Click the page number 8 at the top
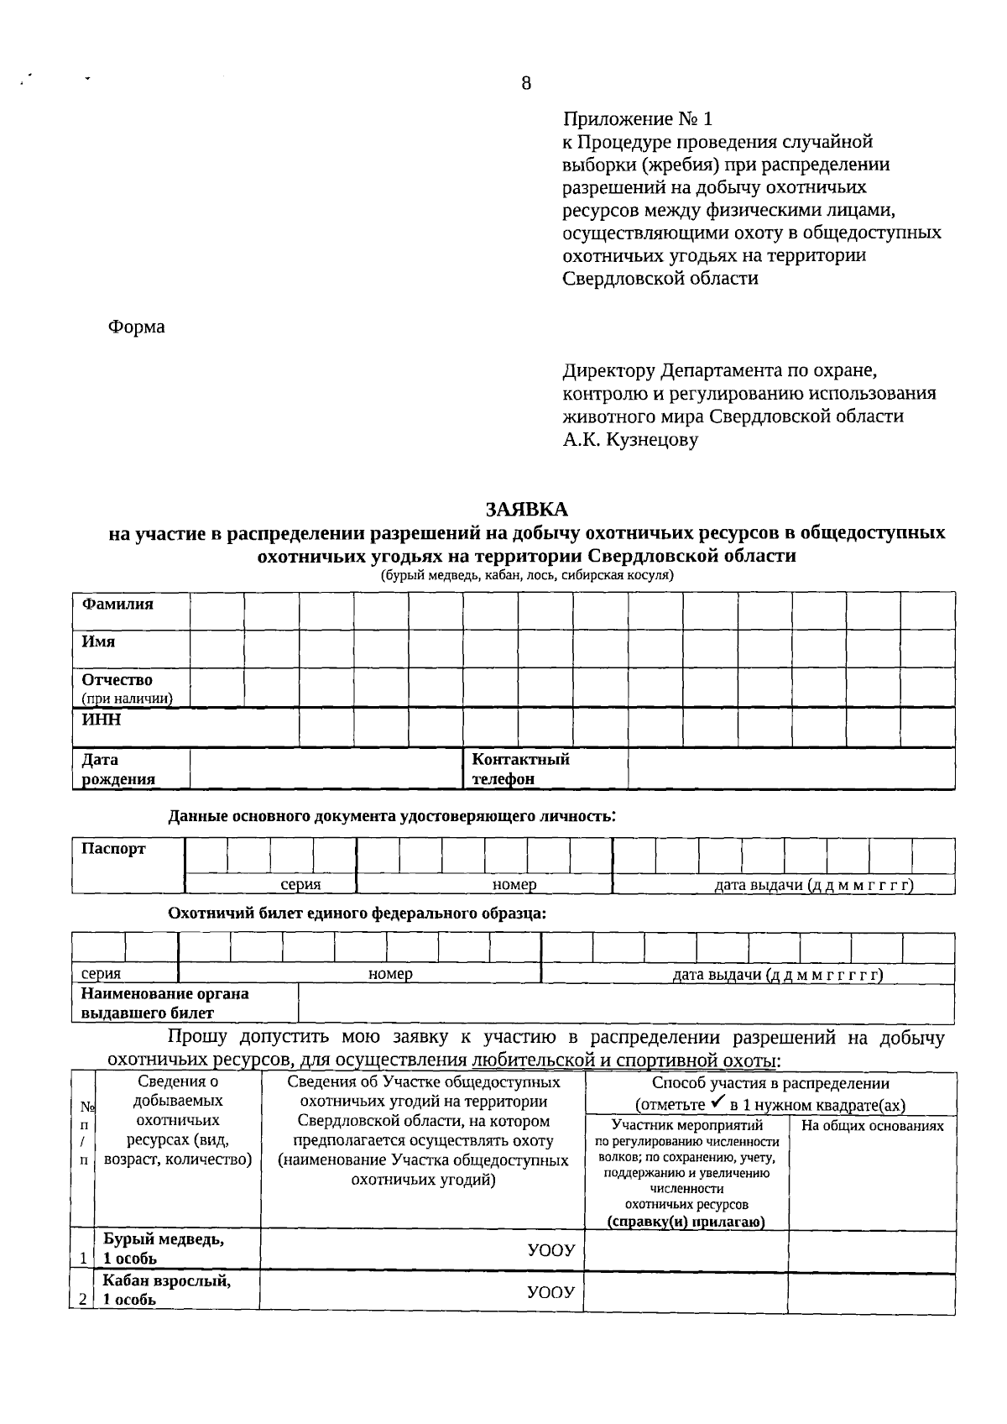pyautogui.click(x=526, y=83)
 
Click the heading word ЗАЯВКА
pyautogui.click(x=526, y=510)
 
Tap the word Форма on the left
pyautogui.click(x=137, y=327)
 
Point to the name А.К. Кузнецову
pyautogui.click(x=630, y=439)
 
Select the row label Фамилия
pyautogui.click(x=117, y=605)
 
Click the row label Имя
pyautogui.click(x=98, y=641)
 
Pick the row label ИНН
pyautogui.click(x=101, y=720)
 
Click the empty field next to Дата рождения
pyautogui.click(x=326, y=768)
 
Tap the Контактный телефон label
pyautogui.click(x=520, y=768)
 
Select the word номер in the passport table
pyautogui.click(x=514, y=885)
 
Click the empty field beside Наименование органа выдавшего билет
pyautogui.click(x=625, y=1003)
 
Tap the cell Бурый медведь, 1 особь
pyautogui.click(x=164, y=1249)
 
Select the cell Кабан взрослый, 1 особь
pyautogui.click(x=167, y=1290)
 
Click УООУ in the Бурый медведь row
pyautogui.click(x=550, y=1250)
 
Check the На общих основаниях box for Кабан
pyautogui.click(x=871, y=1292)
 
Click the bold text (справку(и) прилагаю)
pyautogui.click(x=686, y=1222)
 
